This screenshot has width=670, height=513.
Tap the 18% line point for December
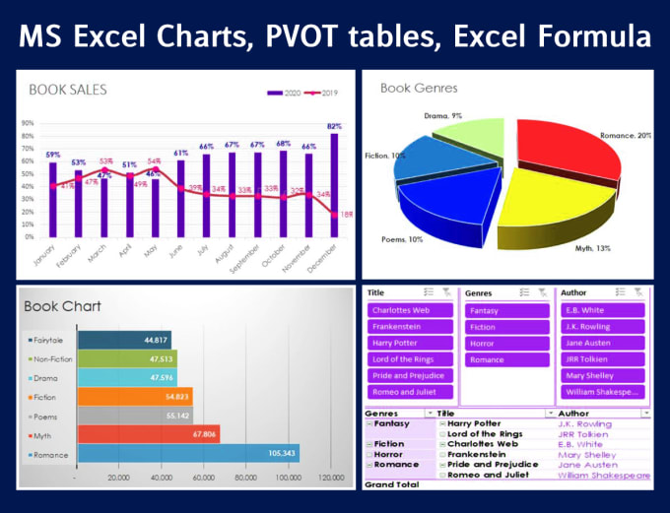335,214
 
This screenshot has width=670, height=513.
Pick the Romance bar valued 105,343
187,453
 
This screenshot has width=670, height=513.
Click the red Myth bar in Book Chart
148,434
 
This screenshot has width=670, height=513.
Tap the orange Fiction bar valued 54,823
133,396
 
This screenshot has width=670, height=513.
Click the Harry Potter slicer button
408,343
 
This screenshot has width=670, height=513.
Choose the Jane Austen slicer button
601,343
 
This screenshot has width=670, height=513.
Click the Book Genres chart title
419,89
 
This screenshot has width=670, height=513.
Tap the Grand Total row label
393,484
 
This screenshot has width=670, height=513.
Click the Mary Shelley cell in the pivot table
587,454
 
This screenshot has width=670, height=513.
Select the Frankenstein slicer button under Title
408,326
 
